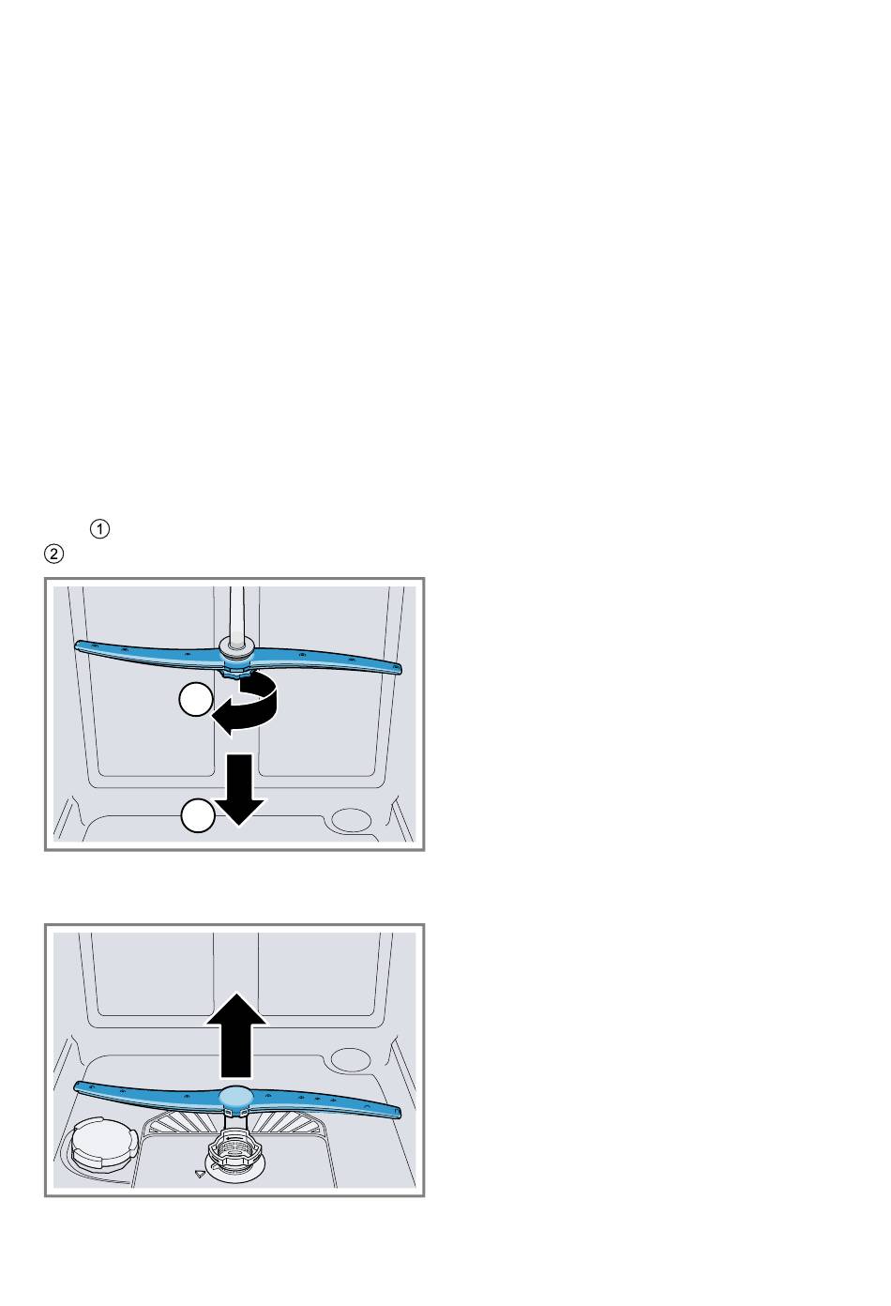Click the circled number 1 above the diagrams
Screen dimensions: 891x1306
[x=99, y=529]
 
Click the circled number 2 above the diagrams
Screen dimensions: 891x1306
[x=54, y=554]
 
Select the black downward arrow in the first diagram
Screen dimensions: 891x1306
[x=239, y=789]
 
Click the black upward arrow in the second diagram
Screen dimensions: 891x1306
[x=236, y=1035]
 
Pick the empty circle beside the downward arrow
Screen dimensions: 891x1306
[x=198, y=814]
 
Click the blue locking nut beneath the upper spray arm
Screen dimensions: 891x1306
[x=236, y=671]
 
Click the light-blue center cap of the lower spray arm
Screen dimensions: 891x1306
[x=235, y=1097]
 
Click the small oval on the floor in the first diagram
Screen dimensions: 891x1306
[x=351, y=818]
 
